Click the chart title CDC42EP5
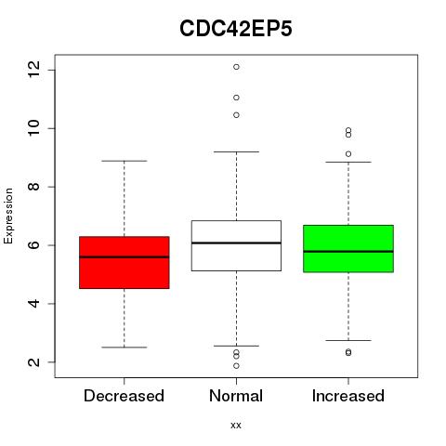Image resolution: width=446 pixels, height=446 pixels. pos(236,29)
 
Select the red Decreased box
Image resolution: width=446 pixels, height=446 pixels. pos(125,263)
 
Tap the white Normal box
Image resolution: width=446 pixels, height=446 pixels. pos(236,245)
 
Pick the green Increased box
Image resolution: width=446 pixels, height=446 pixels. pos(348,249)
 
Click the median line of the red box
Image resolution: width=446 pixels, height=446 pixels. pos(125,257)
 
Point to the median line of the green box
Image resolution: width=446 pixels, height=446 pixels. pos(348,252)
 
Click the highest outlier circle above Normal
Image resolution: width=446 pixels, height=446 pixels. pos(236,67)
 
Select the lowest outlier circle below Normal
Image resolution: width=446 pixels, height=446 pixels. pos(236,366)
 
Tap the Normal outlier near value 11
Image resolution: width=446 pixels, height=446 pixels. pos(236,98)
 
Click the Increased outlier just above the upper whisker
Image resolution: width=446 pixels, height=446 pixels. pos(348,154)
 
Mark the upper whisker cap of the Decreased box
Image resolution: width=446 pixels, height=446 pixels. pos(125,161)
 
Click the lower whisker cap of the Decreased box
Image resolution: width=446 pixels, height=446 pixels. pos(125,348)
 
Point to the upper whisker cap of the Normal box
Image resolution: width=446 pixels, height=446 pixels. pos(236,151)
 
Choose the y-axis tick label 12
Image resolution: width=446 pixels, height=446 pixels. pos(33,70)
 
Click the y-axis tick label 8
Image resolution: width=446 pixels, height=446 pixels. pos(33,187)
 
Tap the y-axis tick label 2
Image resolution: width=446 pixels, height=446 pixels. pos(33,362)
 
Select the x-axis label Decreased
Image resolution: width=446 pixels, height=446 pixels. pos(124,396)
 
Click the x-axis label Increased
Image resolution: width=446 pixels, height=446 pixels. pos(348,396)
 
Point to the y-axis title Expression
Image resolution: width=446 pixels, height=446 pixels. pos(8,216)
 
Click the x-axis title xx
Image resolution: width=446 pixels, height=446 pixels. pos(236,426)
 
